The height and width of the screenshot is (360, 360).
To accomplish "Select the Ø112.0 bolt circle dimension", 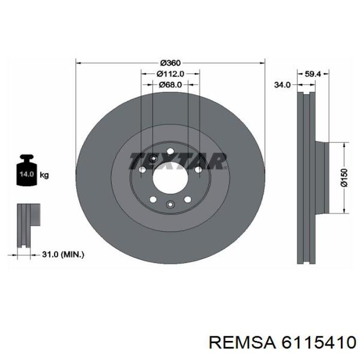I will tap(170, 74).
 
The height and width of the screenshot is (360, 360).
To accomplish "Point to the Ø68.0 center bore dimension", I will tap(170, 85).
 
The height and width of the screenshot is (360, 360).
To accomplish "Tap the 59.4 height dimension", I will tap(313, 74).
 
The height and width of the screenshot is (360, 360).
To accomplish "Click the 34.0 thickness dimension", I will tap(282, 85).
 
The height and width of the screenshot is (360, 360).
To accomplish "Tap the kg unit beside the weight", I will tap(45, 175).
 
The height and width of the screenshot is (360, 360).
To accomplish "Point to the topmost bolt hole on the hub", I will tap(170, 151).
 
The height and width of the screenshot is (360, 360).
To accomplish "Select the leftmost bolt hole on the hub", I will tap(142, 169).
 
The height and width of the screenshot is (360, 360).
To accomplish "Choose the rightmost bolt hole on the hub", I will tap(198, 169).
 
